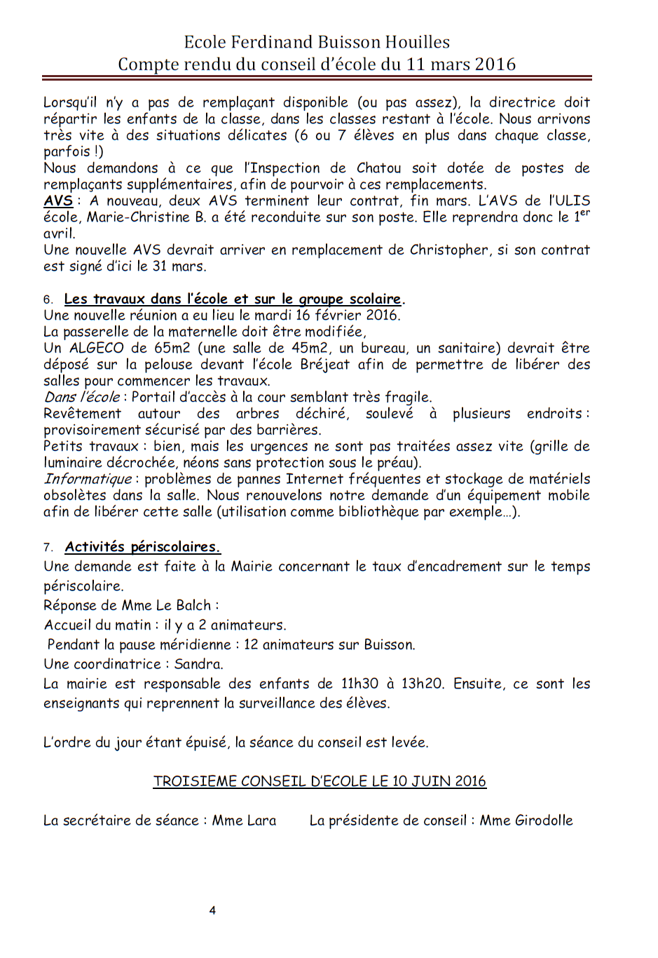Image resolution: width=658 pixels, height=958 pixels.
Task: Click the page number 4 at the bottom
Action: [212, 910]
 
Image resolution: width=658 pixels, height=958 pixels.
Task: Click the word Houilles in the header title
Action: [417, 42]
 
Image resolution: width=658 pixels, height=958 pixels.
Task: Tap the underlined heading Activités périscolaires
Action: [142, 547]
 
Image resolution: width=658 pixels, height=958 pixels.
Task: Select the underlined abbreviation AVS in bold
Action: [58, 201]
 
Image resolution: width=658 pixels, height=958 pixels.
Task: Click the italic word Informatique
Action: [88, 479]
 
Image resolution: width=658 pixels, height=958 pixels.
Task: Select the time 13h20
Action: [422, 684]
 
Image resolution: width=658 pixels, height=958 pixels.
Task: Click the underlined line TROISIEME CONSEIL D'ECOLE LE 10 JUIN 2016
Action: [320, 781]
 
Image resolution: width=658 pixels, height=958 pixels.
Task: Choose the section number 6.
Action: [48, 300]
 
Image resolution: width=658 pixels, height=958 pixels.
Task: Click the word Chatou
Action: [378, 168]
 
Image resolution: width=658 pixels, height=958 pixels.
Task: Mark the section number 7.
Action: [48, 548]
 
